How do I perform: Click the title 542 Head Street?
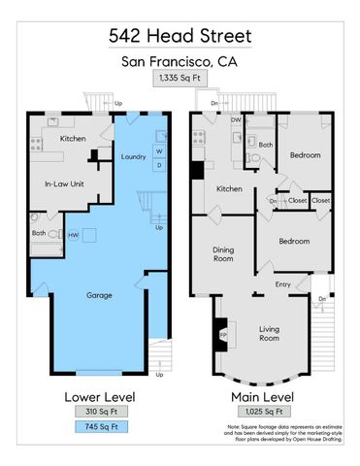(180, 35)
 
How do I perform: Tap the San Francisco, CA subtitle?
(180, 62)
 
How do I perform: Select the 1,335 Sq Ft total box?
(180, 81)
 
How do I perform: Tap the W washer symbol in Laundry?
(158, 150)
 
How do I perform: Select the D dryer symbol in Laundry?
(158, 164)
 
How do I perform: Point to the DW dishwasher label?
(236, 120)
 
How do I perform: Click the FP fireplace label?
(220, 337)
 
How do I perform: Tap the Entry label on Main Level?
(282, 284)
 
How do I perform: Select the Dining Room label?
(223, 254)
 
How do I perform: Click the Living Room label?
(269, 335)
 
